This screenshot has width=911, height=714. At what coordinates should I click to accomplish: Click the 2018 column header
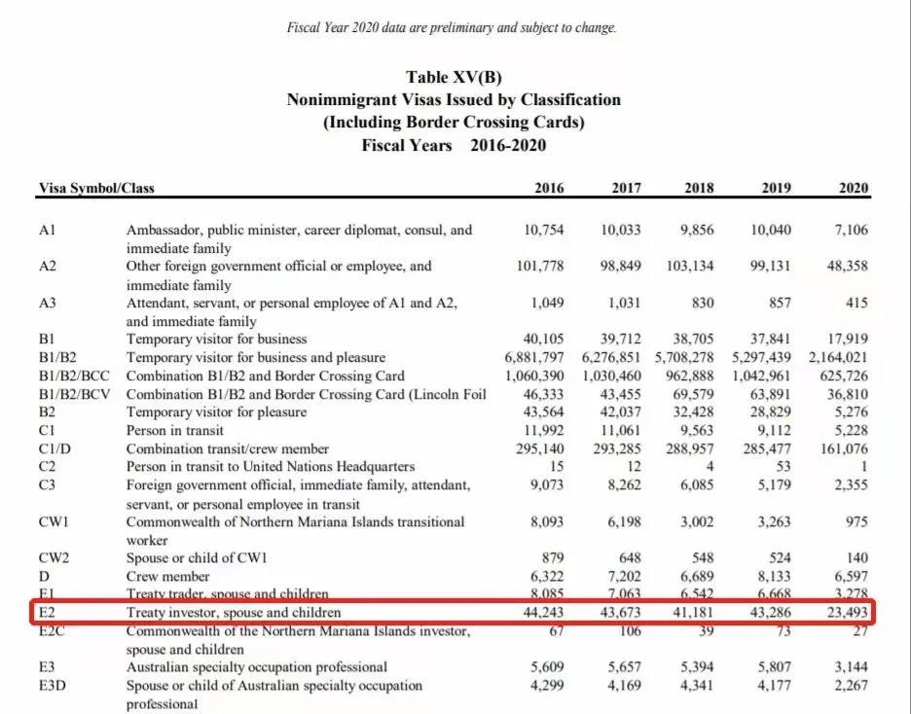[x=699, y=188]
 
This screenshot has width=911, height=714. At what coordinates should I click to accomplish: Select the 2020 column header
[x=854, y=188]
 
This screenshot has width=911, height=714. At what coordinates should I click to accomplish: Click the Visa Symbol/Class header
[x=96, y=188]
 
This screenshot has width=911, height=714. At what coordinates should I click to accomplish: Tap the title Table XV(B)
[x=454, y=78]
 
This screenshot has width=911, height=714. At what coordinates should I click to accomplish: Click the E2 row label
[x=48, y=612]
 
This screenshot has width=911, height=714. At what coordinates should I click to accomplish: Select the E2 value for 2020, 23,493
[x=845, y=612]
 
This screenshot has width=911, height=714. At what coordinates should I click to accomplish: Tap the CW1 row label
[x=55, y=522]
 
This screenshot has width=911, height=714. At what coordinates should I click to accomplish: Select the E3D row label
[x=54, y=685]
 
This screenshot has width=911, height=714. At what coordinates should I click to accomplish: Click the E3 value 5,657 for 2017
[x=621, y=667]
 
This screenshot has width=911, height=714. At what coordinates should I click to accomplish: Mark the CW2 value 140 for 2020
[x=856, y=558]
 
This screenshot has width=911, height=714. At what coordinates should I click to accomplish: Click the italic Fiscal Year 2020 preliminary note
[x=452, y=28]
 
